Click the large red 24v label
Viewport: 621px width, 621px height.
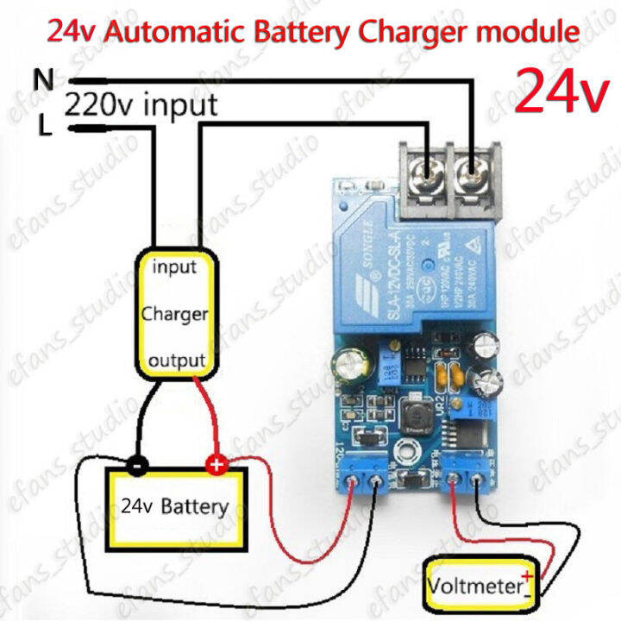pos(561,92)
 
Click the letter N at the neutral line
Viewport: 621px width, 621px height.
pos(44,79)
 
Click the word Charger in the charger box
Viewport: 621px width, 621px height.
pos(174,313)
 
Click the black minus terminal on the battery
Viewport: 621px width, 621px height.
pos(137,466)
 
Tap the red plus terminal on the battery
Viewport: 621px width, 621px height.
pos(215,466)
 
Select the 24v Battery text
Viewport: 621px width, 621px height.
pos(175,505)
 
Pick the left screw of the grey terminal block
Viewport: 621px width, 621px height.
pos(427,173)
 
